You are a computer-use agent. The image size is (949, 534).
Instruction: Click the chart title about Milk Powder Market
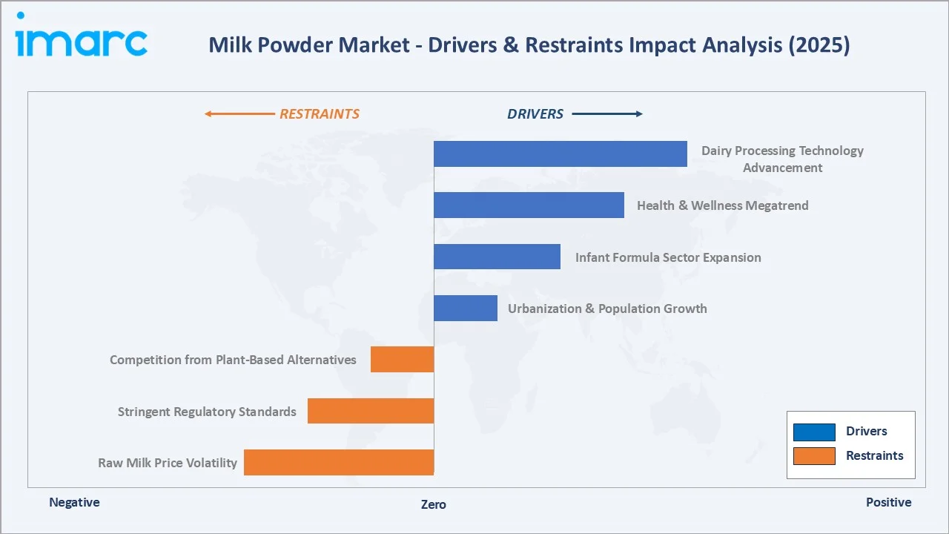[529, 45]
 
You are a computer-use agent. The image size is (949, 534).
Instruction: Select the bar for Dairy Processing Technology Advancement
[560, 154]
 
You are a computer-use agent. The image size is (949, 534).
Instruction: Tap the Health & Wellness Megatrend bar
[529, 205]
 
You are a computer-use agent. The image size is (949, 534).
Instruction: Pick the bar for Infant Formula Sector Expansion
[497, 257]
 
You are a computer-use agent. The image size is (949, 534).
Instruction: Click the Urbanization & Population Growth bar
[465, 308]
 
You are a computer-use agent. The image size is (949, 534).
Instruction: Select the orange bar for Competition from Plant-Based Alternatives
[402, 359]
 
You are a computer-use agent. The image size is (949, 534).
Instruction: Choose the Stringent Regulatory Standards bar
[370, 411]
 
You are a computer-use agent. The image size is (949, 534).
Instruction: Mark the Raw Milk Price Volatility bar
[338, 462]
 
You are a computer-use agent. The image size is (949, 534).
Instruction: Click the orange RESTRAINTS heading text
[319, 114]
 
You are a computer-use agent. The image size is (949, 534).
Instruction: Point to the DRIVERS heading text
[535, 114]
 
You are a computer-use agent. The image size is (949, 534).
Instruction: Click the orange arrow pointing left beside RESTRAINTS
[239, 114]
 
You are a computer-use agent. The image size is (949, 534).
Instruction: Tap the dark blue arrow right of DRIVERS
[607, 114]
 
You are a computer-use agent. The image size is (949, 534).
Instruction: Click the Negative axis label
[74, 502]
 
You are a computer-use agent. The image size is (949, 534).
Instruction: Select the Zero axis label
[434, 504]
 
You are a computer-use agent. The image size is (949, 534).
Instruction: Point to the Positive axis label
[888, 502]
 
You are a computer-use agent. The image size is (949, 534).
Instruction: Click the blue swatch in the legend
[814, 432]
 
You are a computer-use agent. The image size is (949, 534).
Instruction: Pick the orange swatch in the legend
[814, 456]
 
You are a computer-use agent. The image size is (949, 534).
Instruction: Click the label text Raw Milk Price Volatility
[168, 463]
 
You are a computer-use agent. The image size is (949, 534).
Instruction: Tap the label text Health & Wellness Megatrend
[722, 205]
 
